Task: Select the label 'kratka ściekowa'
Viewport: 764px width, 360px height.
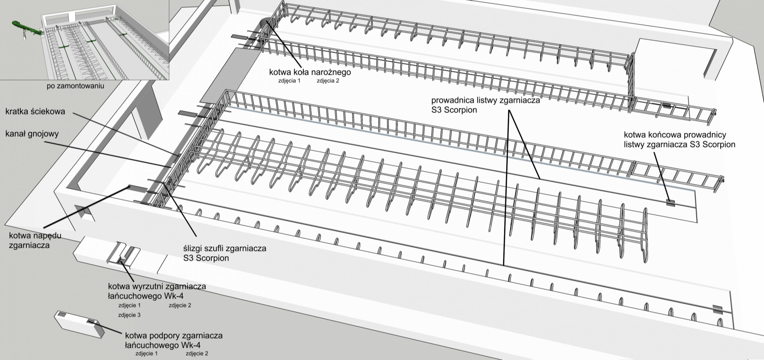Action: tap(35, 112)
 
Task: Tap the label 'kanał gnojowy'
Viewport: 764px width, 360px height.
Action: tap(32, 133)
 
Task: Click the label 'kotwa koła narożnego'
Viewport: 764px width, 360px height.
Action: tap(310, 72)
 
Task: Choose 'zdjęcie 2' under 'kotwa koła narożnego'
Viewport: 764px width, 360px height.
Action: tap(328, 81)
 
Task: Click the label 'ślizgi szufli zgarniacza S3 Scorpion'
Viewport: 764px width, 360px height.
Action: tap(224, 253)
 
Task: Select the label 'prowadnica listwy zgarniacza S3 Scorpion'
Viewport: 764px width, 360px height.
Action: tap(486, 105)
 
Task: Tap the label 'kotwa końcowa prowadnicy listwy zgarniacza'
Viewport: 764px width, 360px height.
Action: tap(679, 140)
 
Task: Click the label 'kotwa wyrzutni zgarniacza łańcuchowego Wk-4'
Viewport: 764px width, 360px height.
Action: tap(157, 291)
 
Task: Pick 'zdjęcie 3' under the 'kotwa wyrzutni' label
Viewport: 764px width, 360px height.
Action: tap(129, 315)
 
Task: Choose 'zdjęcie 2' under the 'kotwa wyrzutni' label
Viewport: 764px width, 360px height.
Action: tap(180, 306)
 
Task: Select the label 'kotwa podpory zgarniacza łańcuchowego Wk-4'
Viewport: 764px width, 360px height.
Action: tap(173, 340)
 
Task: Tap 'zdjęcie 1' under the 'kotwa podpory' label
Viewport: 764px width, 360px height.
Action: tap(146, 353)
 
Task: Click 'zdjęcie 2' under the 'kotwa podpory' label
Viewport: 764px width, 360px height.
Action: tap(197, 353)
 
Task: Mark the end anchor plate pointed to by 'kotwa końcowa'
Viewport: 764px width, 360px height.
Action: tap(671, 202)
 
